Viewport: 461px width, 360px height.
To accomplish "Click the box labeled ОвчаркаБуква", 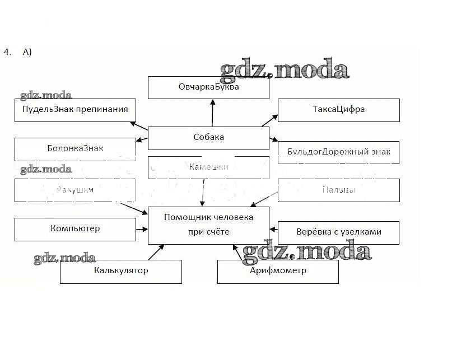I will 208,87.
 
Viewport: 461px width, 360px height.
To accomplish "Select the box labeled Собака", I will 208,138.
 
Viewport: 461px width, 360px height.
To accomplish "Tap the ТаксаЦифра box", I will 338,110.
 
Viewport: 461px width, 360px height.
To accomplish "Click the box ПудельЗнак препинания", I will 75,110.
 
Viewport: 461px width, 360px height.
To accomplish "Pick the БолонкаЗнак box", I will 75,149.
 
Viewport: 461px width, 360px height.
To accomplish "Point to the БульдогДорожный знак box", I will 338,152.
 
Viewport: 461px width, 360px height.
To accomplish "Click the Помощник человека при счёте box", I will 208,225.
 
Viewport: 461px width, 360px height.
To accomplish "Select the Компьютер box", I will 75,229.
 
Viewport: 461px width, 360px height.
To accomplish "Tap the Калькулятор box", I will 121,272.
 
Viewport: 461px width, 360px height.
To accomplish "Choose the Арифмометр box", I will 278,272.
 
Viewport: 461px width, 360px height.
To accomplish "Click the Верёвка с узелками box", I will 338,232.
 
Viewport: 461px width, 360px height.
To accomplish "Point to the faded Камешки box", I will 208,167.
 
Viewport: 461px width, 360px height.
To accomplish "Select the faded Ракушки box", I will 75,190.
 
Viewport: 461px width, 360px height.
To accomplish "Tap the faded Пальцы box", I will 338,190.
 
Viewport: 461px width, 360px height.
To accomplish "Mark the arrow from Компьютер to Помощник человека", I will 142,228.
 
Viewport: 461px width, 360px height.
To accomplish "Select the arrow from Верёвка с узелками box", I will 274,228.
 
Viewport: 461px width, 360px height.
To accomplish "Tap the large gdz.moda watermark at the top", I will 285,71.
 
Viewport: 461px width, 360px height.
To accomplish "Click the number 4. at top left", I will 7,52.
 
